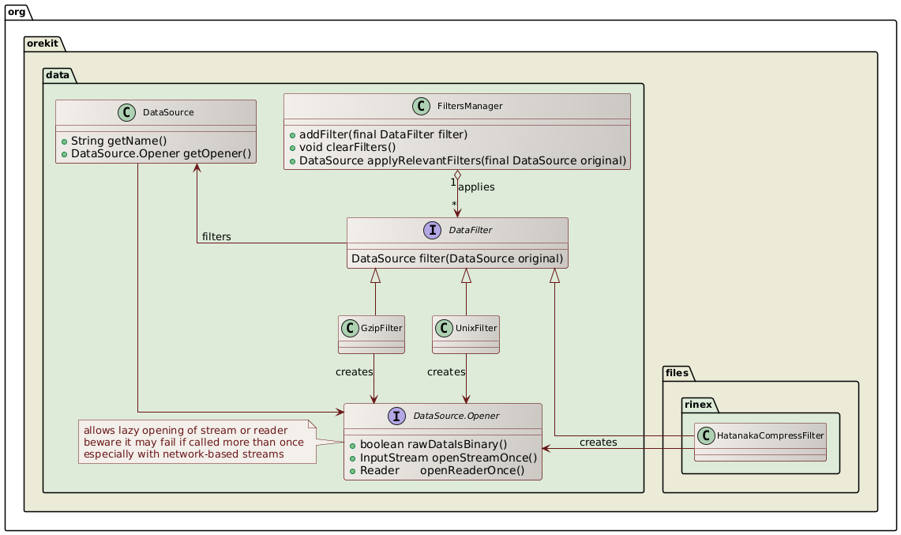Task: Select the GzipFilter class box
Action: [x=371, y=334]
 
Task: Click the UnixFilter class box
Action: [x=466, y=334]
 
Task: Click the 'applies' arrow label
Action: [x=476, y=187]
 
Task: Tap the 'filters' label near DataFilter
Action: [x=216, y=237]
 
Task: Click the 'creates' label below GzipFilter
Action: [x=355, y=371]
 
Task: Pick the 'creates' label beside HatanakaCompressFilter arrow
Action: [x=598, y=442]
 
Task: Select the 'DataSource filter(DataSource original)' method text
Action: [x=456, y=258]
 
